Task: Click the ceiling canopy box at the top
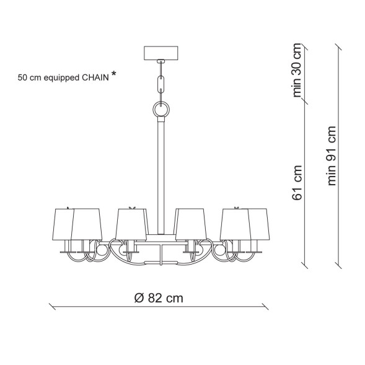(x=161, y=53)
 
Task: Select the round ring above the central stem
(x=161, y=109)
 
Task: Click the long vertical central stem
(x=161, y=175)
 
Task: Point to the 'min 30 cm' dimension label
(x=297, y=70)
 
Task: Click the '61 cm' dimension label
(x=297, y=183)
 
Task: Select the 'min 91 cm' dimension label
(x=332, y=156)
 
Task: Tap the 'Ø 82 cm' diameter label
(x=159, y=297)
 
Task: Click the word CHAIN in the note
(x=95, y=77)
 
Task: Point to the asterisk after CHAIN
(x=113, y=74)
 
